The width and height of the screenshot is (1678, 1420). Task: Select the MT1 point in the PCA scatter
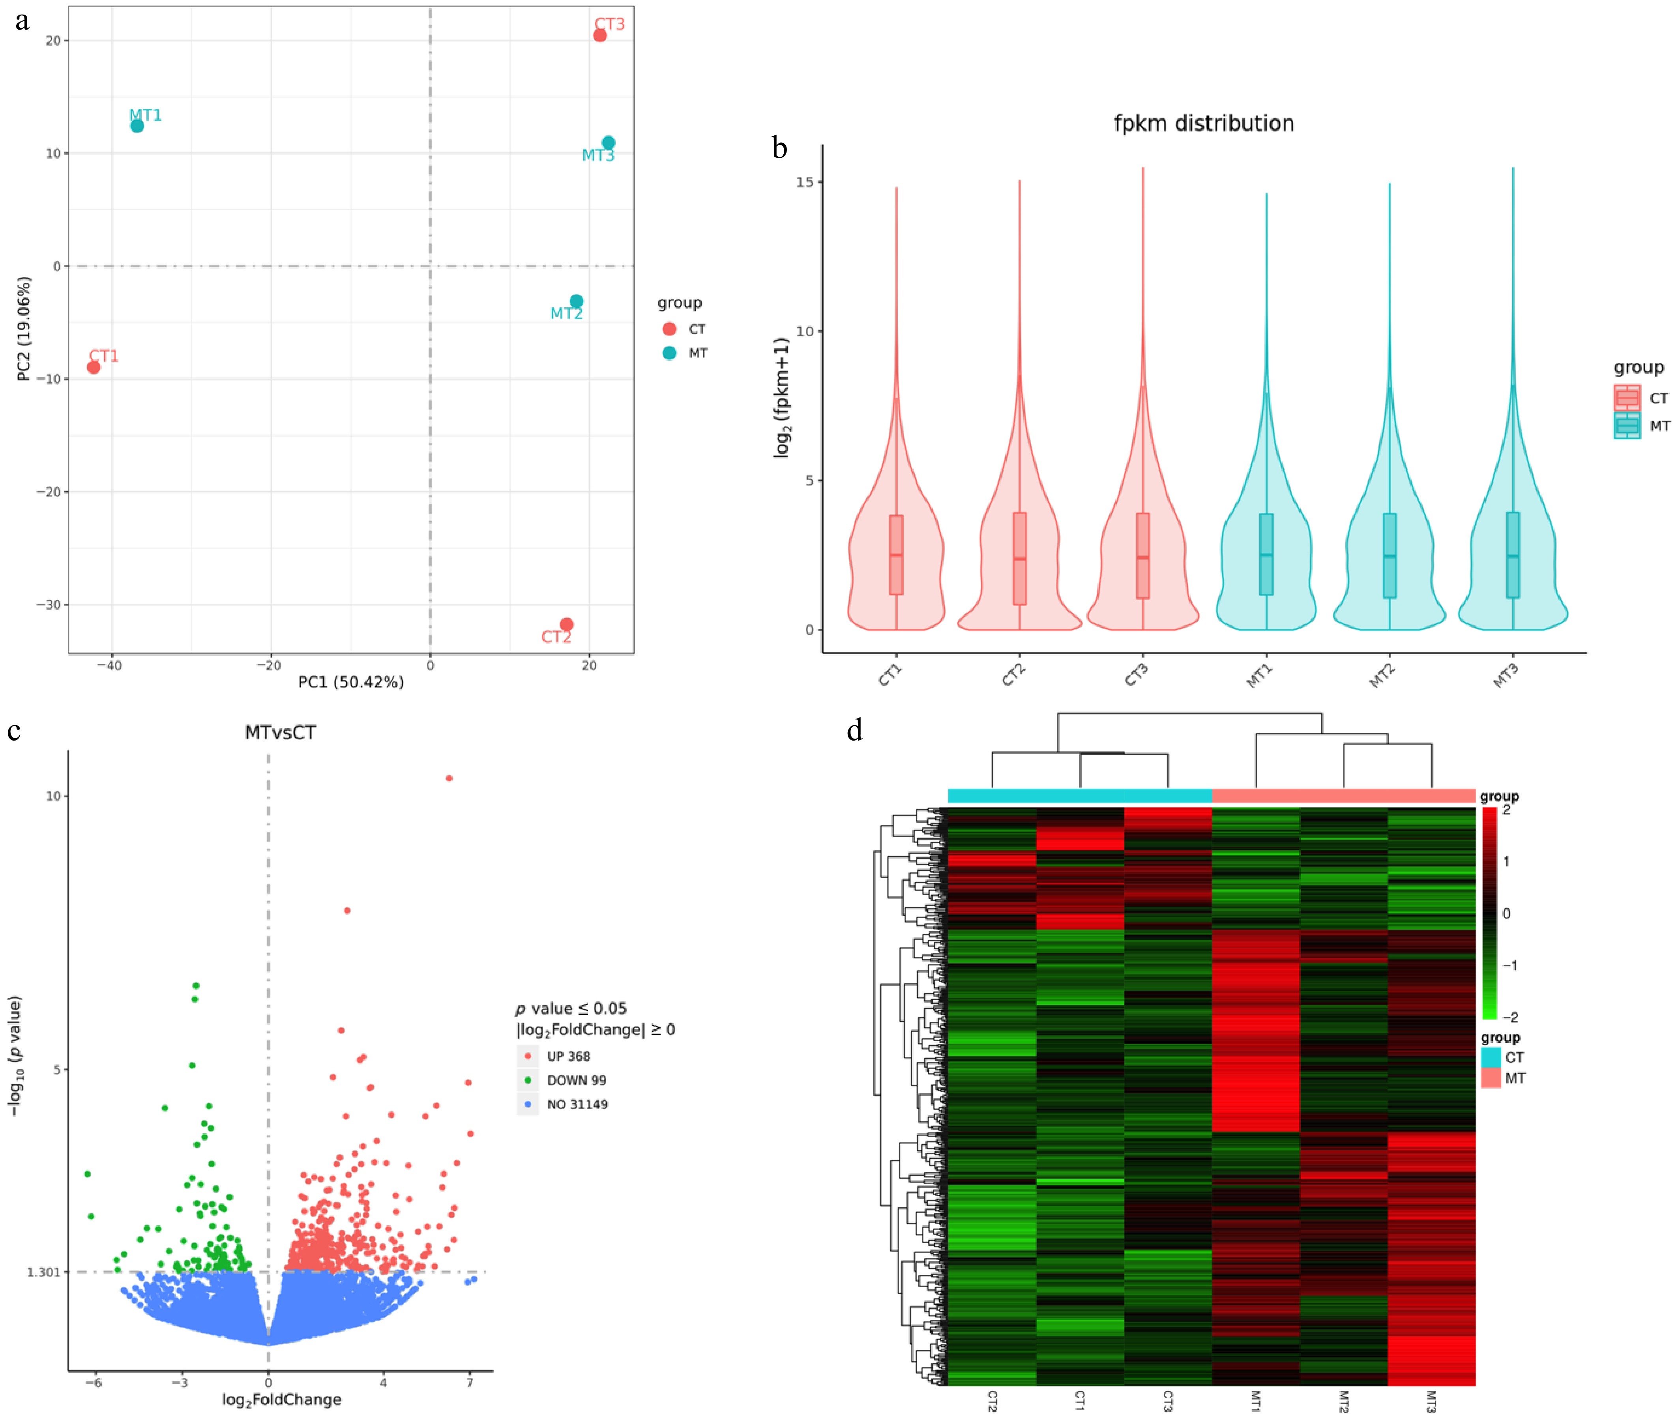(137, 125)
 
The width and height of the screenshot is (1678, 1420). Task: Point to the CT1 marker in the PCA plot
(94, 367)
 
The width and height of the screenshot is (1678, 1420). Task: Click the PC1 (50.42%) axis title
(350, 682)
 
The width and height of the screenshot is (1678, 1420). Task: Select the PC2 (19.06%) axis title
(24, 328)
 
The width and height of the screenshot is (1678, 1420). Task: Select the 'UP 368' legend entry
(567, 1056)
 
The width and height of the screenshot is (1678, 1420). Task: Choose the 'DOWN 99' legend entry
(576, 1080)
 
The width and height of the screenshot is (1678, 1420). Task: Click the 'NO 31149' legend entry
(577, 1104)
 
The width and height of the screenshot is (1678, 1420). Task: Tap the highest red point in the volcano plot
(449, 778)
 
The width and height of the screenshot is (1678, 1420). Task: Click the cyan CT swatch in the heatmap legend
(1491, 1057)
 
